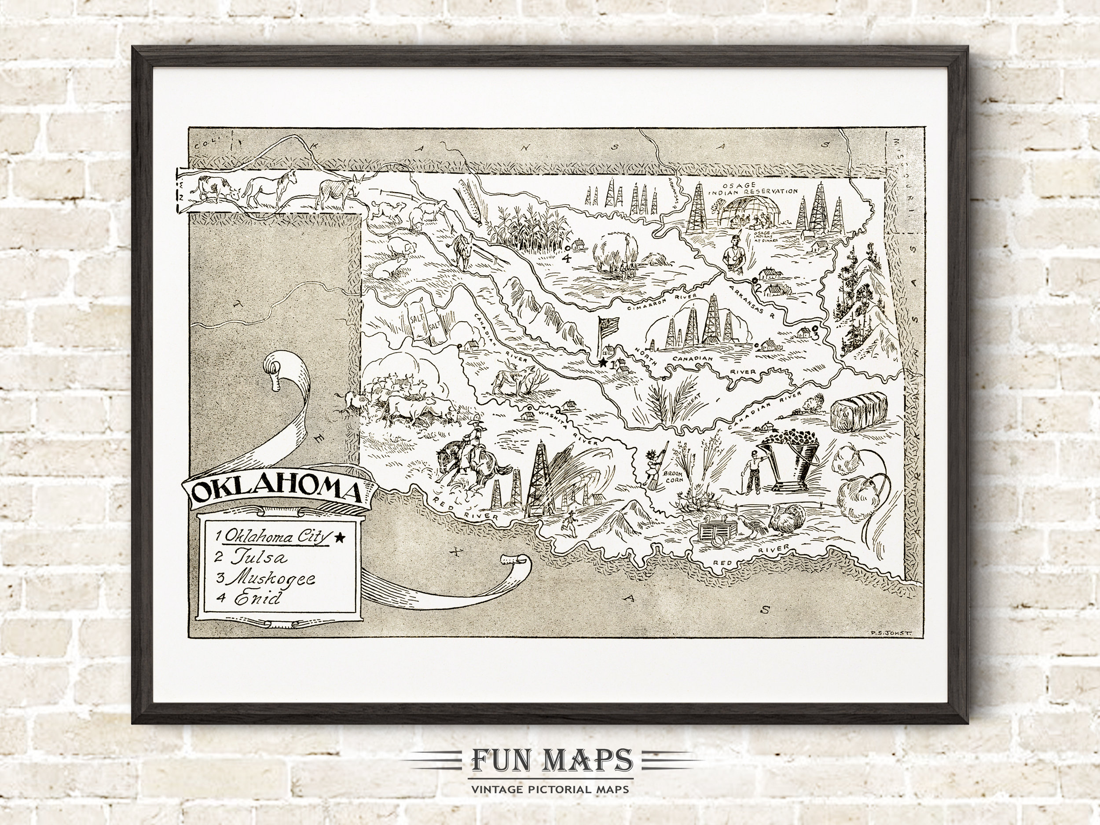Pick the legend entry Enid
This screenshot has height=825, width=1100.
pyautogui.click(x=249, y=599)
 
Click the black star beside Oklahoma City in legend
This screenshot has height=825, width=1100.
pyautogui.click(x=340, y=536)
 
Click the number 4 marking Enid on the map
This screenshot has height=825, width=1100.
pyautogui.click(x=566, y=258)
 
